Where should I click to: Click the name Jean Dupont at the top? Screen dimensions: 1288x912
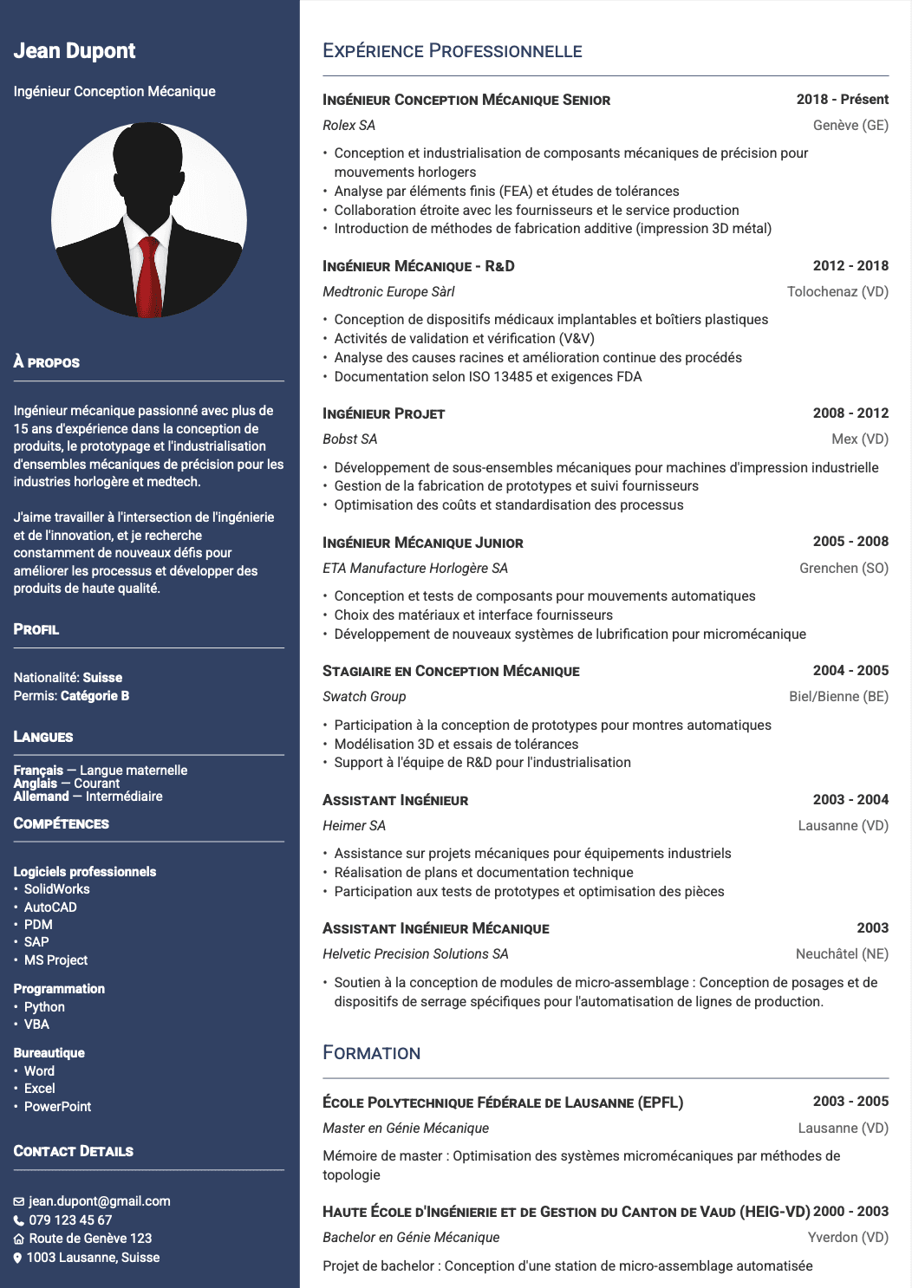(x=75, y=51)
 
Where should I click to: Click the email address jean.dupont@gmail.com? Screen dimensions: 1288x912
(x=99, y=1201)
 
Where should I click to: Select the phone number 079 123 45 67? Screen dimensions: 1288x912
(x=70, y=1220)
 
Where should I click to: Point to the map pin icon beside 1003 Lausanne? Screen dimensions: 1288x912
(x=18, y=1258)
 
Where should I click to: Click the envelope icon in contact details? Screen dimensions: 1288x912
(x=19, y=1201)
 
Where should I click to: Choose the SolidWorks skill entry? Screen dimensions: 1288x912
(x=56, y=889)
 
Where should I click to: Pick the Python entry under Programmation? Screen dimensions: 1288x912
(x=44, y=1007)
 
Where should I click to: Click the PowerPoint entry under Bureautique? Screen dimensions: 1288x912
(x=57, y=1107)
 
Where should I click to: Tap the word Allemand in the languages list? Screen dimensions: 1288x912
(x=41, y=797)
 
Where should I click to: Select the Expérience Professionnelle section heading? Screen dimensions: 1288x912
(x=452, y=51)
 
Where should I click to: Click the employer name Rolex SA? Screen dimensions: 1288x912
(x=349, y=126)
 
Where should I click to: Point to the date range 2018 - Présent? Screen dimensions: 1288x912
(x=842, y=100)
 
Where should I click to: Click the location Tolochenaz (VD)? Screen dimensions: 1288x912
(x=837, y=292)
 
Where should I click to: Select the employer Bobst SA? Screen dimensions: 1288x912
(x=349, y=439)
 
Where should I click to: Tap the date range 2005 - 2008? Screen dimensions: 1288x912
(x=850, y=542)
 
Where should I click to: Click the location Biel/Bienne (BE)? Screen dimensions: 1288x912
(x=838, y=697)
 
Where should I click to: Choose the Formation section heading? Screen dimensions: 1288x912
(x=371, y=1053)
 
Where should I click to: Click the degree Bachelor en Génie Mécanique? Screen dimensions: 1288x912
(x=411, y=1238)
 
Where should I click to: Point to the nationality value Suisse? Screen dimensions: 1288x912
(x=102, y=678)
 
